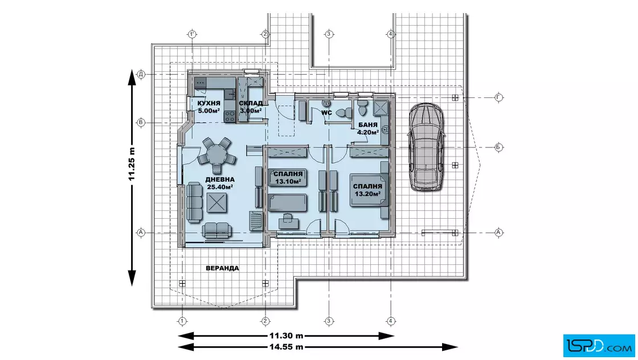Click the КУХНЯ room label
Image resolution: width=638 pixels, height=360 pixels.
(x=208, y=103)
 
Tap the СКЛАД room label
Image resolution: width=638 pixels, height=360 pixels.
(x=251, y=103)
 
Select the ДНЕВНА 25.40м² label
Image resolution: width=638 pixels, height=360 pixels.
(x=220, y=183)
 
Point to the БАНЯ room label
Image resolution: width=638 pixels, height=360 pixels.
(x=368, y=125)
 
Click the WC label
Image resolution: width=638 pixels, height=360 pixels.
(x=327, y=113)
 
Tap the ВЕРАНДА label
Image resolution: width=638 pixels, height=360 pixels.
(x=222, y=268)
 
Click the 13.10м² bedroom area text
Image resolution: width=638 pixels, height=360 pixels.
(x=288, y=181)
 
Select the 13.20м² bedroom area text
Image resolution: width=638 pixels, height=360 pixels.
(x=367, y=194)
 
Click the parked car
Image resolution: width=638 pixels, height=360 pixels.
(x=427, y=146)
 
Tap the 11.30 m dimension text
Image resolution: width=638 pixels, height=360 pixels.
(x=287, y=336)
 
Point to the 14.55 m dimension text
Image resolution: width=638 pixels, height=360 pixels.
(x=287, y=347)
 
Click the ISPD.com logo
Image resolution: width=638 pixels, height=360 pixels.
(x=599, y=346)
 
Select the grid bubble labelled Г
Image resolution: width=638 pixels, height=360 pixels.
(x=499, y=97)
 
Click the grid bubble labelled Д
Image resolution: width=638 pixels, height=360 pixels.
(x=141, y=74)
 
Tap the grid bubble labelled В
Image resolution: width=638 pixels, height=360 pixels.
(x=141, y=122)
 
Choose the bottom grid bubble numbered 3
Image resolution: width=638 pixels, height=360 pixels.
(x=329, y=321)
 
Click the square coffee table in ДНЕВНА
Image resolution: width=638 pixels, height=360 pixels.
(x=217, y=203)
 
